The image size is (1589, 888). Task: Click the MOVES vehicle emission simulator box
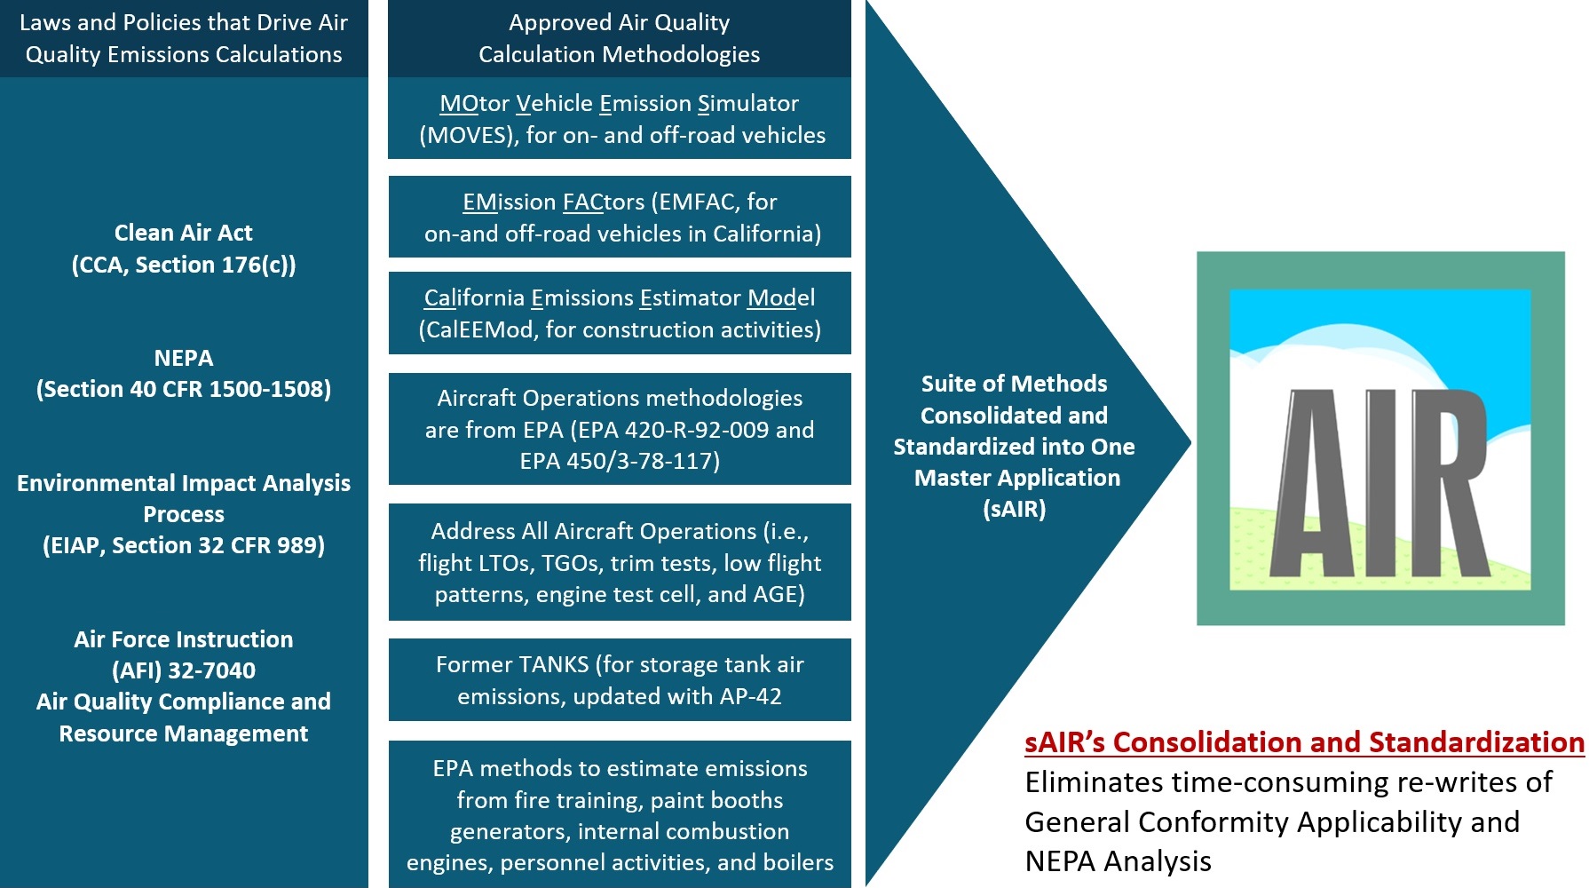click(620, 118)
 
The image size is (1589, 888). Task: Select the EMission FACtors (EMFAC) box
click(620, 217)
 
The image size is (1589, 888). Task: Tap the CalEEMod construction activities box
click(620, 313)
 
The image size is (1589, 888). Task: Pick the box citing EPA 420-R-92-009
click(620, 429)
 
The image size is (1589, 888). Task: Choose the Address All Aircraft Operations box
click(620, 562)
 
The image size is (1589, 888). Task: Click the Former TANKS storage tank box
click(620, 679)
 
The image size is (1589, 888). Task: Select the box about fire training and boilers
click(620, 814)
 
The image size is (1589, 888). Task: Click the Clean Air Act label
click(184, 233)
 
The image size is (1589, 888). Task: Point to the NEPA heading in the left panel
click(184, 358)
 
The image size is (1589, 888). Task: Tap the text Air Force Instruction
click(184, 639)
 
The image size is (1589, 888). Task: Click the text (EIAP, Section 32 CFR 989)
click(184, 545)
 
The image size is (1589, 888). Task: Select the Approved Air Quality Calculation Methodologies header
click(620, 38)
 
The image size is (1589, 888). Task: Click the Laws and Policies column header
click(184, 38)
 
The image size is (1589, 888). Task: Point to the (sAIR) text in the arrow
click(1015, 509)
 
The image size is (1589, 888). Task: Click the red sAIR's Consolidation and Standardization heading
click(1304, 742)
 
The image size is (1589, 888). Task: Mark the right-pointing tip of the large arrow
click(1191, 441)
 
